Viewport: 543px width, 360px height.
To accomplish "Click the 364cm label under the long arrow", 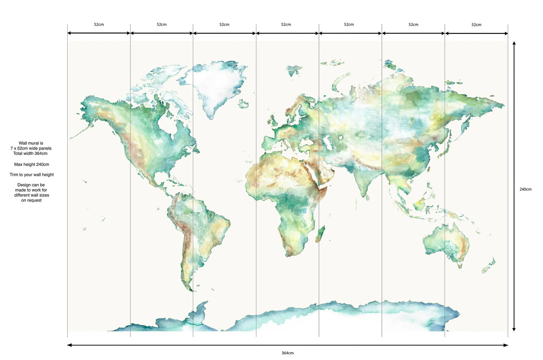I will pyautogui.click(x=287, y=353).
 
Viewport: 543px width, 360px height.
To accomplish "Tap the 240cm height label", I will pyautogui.click(x=525, y=189).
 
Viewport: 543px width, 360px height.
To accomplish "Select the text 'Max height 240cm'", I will pyautogui.click(x=32, y=164).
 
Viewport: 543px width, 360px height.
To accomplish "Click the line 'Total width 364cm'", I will pyautogui.click(x=30, y=153).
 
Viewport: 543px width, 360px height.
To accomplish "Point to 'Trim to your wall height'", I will pyautogui.click(x=32, y=174).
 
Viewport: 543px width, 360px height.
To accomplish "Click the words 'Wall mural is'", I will pyautogui.click(x=31, y=143).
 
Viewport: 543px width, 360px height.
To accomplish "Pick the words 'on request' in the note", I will pyautogui.click(x=32, y=200).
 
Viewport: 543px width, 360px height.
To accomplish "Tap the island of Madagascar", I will pyautogui.click(x=320, y=234).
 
